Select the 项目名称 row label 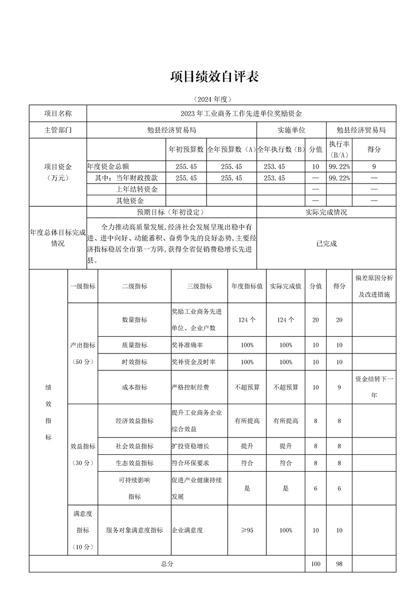(58, 113)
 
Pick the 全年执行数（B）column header (281, 149)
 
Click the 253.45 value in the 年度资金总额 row (274, 166)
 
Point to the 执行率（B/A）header (339, 149)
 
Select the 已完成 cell (326, 243)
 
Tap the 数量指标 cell (134, 320)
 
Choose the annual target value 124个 (247, 320)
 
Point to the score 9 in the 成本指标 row (339, 387)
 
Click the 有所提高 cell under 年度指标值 (247, 421)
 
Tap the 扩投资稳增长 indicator (190, 446)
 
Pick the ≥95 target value (247, 530)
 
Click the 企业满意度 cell (187, 530)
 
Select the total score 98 (339, 564)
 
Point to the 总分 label (167, 564)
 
